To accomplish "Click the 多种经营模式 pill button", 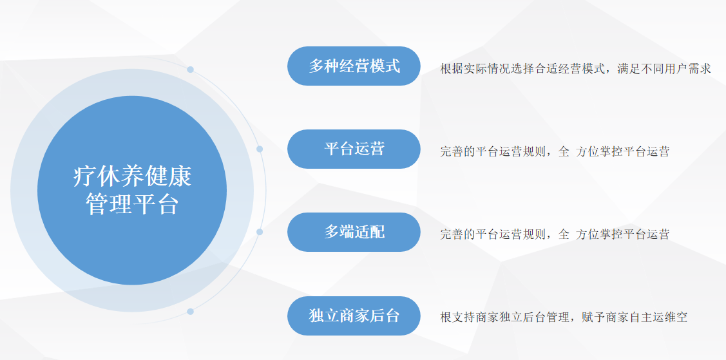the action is pos(354,66).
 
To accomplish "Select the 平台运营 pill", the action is pos(354,149).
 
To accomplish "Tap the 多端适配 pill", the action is pos(354,232).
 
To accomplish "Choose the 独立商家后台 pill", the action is pos(354,316).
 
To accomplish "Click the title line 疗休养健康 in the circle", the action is pos(133,176).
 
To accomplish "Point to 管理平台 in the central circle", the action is pos(133,204).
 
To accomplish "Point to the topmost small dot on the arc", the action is pos(190,70).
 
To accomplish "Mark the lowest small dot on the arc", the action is pos(190,312).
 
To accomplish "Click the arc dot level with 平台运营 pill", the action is pos(260,149).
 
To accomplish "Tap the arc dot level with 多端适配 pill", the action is pos(260,232).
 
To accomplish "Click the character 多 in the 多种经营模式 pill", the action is pos(316,66).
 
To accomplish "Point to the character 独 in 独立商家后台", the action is pos(316,316).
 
